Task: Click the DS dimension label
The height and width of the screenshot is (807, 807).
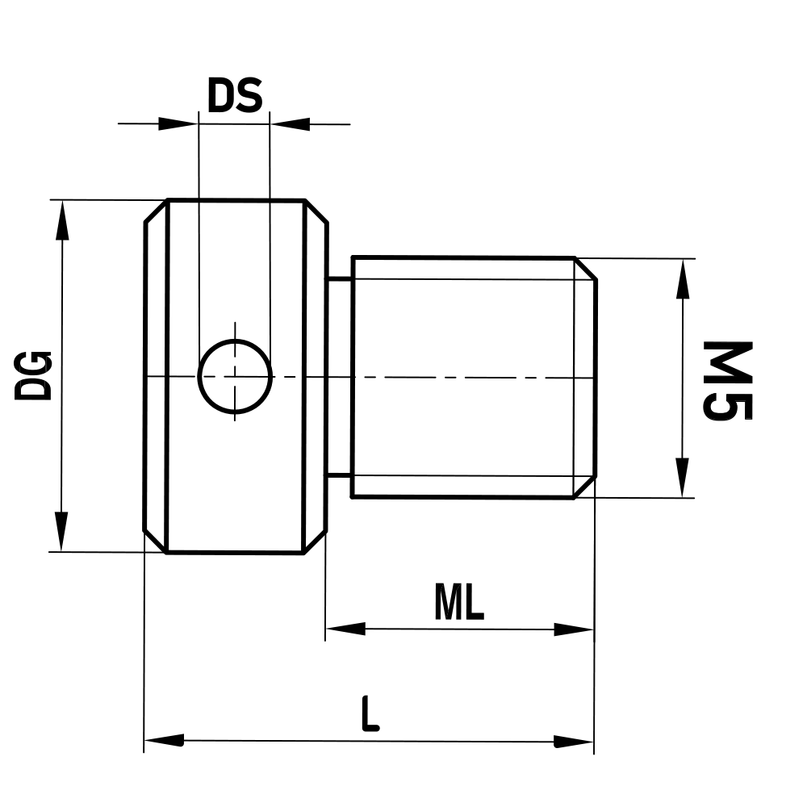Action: click(x=235, y=96)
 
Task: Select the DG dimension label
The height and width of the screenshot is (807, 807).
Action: click(x=35, y=375)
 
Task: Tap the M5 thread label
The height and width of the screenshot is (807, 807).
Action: click(x=728, y=380)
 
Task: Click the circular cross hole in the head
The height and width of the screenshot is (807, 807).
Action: click(x=235, y=376)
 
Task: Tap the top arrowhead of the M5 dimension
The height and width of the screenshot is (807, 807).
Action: click(x=683, y=279)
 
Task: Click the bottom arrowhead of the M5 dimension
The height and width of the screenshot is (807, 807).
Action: click(x=683, y=478)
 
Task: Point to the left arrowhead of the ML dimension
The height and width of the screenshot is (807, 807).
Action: click(x=345, y=629)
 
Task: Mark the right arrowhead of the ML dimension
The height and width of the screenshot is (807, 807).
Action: click(x=574, y=629)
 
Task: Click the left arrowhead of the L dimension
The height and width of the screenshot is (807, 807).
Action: click(x=164, y=740)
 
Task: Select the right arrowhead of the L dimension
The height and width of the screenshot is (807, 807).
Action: click(x=574, y=740)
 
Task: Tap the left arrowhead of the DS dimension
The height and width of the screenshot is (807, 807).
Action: click(x=178, y=124)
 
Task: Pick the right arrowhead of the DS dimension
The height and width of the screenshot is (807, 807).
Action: click(x=291, y=124)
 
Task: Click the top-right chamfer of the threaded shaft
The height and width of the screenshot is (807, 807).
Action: click(x=586, y=269)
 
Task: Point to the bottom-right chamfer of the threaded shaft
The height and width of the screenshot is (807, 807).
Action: click(x=586, y=486)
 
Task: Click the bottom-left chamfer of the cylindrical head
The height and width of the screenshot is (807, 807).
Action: click(x=156, y=541)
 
